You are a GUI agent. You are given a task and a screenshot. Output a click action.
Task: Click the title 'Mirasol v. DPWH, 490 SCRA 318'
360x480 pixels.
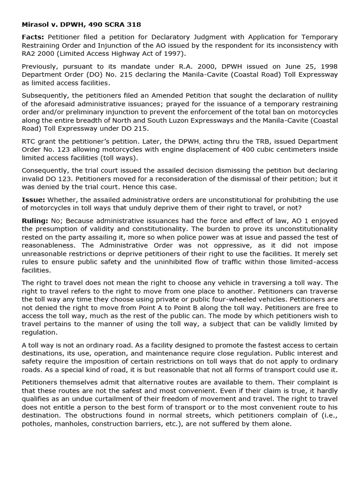[81, 24]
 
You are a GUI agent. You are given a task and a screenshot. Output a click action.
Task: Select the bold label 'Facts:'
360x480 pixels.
[33, 37]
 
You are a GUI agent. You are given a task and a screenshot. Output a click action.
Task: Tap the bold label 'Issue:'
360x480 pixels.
[33, 200]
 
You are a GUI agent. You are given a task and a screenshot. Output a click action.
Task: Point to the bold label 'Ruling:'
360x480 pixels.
[35, 221]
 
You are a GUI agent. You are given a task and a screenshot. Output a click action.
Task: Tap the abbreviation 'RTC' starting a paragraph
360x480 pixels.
[30, 141]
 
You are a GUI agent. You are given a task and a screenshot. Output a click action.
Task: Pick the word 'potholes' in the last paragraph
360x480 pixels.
[37, 424]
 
